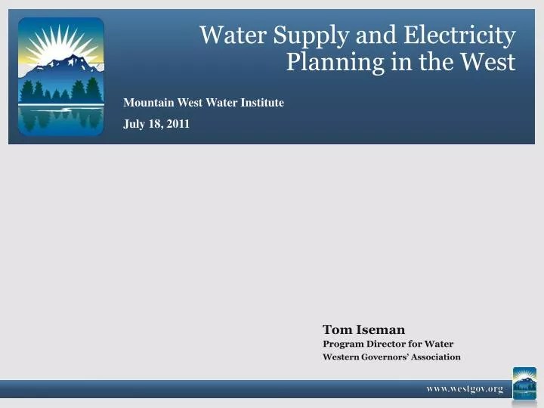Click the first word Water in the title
point(232,35)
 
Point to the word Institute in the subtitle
point(262,103)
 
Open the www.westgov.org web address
point(464,388)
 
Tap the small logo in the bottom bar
point(524,383)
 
